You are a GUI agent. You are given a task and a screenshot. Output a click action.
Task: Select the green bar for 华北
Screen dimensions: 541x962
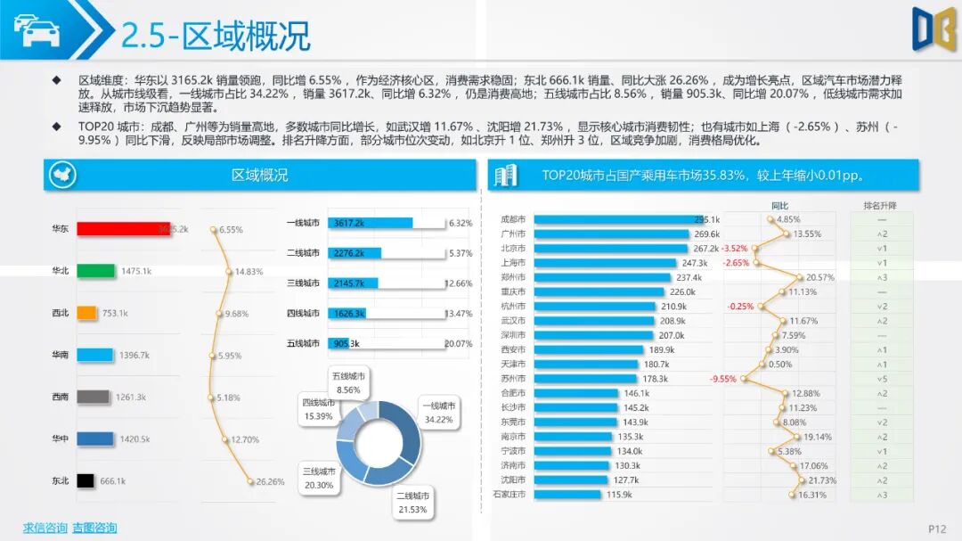point(96,271)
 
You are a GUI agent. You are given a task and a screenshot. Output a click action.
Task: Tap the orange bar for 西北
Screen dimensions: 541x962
point(86,313)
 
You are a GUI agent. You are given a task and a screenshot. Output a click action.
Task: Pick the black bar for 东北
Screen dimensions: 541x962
point(86,480)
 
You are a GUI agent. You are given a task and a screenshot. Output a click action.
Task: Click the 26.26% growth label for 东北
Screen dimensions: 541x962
point(270,482)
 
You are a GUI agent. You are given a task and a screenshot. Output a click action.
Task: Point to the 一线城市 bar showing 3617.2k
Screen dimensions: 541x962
point(370,223)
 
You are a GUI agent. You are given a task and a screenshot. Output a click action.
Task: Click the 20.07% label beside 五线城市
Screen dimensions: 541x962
point(458,344)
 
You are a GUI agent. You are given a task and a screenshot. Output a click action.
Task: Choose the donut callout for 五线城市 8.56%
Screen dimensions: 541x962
point(348,383)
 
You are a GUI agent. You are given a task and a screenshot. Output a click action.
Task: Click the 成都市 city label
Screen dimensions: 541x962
point(513,219)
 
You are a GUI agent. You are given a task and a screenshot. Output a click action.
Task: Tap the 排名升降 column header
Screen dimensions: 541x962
point(880,206)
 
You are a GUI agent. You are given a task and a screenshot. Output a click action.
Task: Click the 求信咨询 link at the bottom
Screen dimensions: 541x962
point(45,528)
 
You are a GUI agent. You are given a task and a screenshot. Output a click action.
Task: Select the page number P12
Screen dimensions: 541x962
point(937,529)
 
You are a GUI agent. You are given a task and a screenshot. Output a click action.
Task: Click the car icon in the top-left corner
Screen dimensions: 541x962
point(37,30)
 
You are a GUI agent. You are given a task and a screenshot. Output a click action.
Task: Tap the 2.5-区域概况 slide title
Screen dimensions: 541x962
point(216,37)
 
